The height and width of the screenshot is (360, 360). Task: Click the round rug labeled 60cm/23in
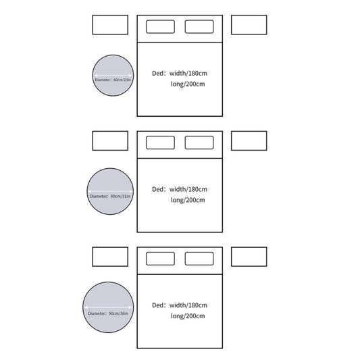coord(113,75)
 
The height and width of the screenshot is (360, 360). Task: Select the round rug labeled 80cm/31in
coord(110,191)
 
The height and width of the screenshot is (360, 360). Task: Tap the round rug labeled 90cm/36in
coord(108,307)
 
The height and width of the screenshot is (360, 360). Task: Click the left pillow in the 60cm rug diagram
coord(160,26)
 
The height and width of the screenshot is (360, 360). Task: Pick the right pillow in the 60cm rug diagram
coord(199,26)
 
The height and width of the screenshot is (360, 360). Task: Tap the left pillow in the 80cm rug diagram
coord(160,143)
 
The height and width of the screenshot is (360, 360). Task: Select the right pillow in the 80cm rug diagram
coord(199,143)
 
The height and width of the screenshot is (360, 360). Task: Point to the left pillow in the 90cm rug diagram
coord(160,259)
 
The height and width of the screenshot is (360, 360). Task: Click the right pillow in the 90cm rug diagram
coord(199,259)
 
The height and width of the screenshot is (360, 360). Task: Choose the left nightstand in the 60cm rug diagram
coord(110,25)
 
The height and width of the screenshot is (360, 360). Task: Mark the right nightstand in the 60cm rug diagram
coord(249,25)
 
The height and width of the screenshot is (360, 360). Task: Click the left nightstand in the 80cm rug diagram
coord(110,140)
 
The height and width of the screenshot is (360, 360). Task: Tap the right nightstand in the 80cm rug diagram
coord(249,140)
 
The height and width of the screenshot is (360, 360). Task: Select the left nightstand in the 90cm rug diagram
coord(110,257)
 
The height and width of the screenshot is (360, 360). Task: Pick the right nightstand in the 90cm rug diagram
coord(249,257)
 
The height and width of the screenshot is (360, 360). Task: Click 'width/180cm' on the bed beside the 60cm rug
coord(188,74)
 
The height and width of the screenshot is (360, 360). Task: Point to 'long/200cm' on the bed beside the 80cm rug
coord(188,200)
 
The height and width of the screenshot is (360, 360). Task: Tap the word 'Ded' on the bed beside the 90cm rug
coord(158,305)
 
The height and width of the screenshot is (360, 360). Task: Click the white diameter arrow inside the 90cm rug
coord(108,307)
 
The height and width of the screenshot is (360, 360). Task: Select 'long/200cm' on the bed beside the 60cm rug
coord(188,84)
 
